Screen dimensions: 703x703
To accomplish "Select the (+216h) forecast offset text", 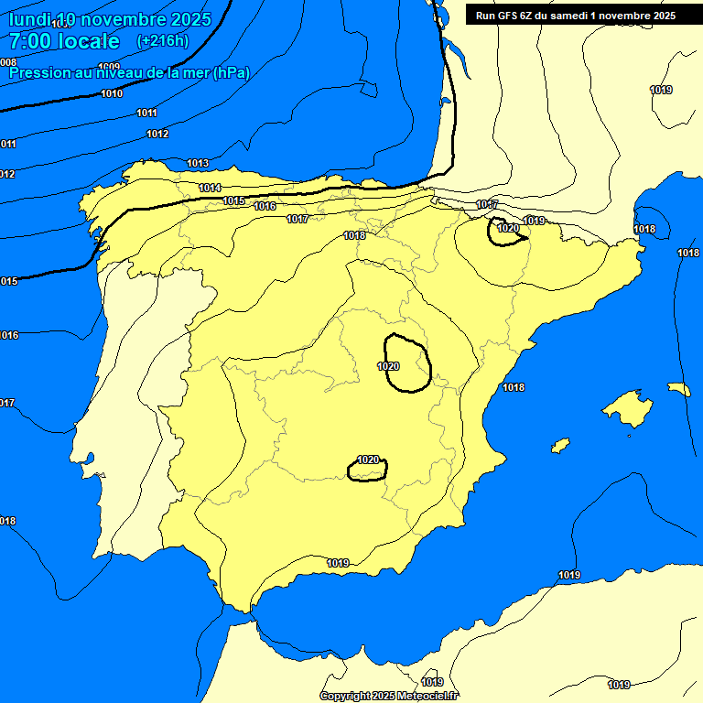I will coord(162,41).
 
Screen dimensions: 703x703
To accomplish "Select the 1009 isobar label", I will coord(109,67).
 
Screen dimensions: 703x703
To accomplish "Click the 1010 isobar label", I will coord(112,93).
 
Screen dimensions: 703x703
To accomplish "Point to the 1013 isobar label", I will coord(198,163).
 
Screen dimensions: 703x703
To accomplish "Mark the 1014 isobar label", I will coord(210,188).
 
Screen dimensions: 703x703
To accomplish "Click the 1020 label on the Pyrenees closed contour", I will coord(508,228).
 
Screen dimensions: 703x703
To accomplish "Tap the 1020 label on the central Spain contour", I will coord(388,366).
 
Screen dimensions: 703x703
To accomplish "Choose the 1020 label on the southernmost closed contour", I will coord(368,460).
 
